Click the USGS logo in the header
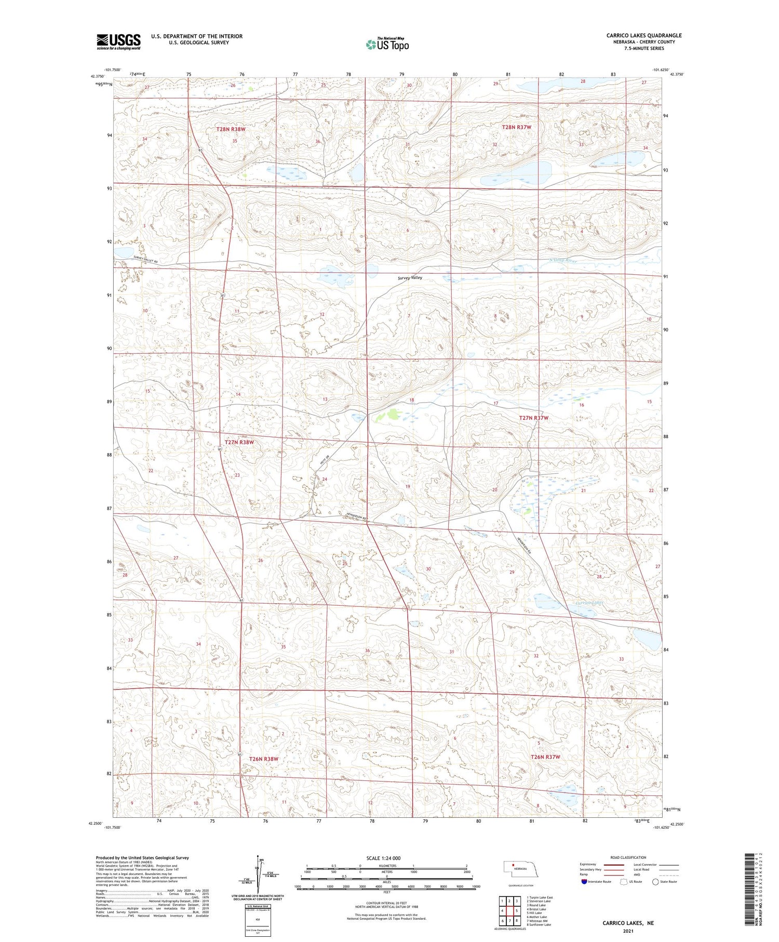click(118, 42)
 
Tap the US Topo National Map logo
click(387, 44)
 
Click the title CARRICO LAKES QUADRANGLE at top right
click(643, 35)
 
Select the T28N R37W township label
click(516, 127)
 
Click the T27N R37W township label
click(533, 418)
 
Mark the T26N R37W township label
click(545, 757)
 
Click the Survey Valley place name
click(410, 278)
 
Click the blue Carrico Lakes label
click(589, 603)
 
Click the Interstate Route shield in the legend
click(584, 882)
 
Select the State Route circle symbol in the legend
click(655, 882)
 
